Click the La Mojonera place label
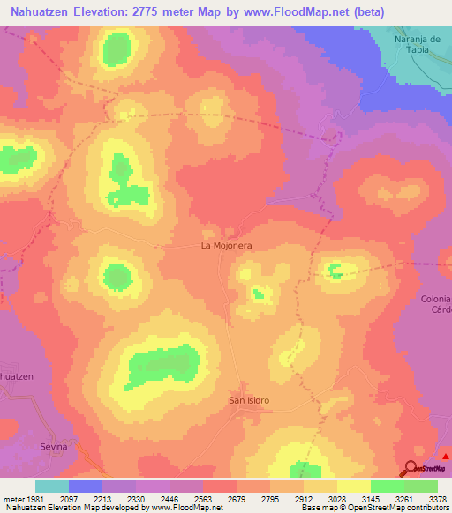(x=228, y=248)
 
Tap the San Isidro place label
(x=249, y=401)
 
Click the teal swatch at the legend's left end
(x=52, y=486)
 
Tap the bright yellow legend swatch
(x=354, y=486)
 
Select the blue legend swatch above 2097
(x=86, y=486)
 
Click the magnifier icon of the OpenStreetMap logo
(x=411, y=469)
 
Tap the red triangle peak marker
(x=446, y=456)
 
